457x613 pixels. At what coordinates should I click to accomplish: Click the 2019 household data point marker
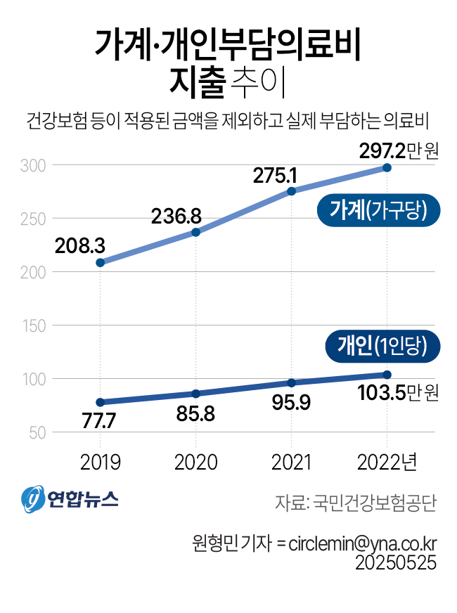(x=101, y=263)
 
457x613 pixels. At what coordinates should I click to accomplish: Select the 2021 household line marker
(x=291, y=191)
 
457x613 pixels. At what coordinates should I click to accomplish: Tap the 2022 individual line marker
(x=387, y=375)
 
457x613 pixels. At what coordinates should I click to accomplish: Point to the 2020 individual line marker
(x=196, y=394)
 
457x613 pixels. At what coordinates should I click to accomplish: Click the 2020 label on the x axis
(x=196, y=463)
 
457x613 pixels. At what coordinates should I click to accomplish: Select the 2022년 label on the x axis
(x=387, y=463)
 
